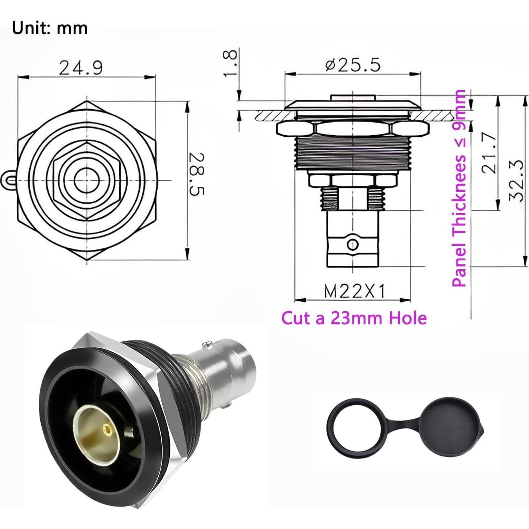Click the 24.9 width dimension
(81, 68)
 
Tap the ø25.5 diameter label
(353, 65)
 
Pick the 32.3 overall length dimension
(516, 180)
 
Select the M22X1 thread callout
(354, 291)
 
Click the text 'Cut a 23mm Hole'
(354, 318)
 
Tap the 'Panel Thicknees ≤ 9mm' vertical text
(459, 189)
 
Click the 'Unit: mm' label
(50, 28)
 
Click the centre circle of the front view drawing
(87, 179)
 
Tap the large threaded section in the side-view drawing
(353, 152)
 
